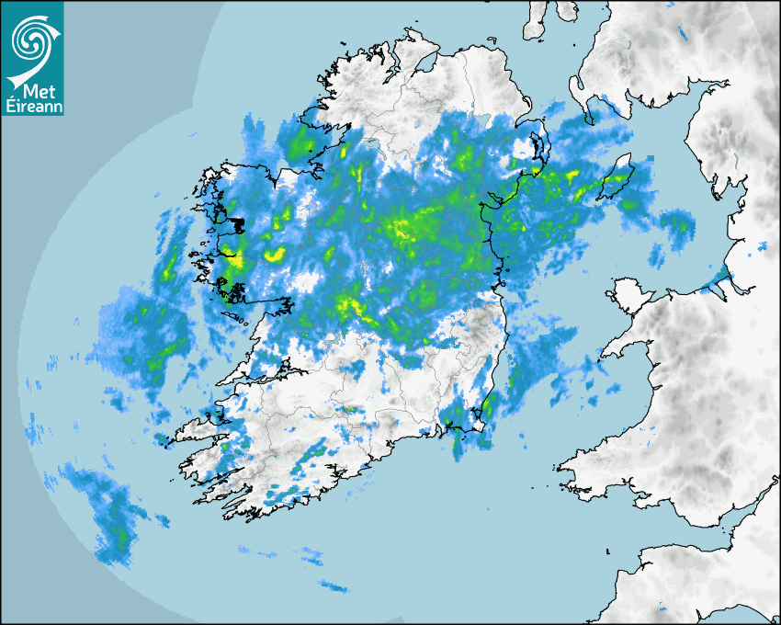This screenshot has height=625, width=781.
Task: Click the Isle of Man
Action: [x=617, y=176]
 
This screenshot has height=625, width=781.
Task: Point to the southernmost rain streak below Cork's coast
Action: [x=333, y=586]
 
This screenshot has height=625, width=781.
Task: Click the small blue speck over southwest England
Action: [x=660, y=608]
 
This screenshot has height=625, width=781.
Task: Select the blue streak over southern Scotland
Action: [x=683, y=34]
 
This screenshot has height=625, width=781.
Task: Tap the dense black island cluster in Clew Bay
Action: [x=237, y=223]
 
